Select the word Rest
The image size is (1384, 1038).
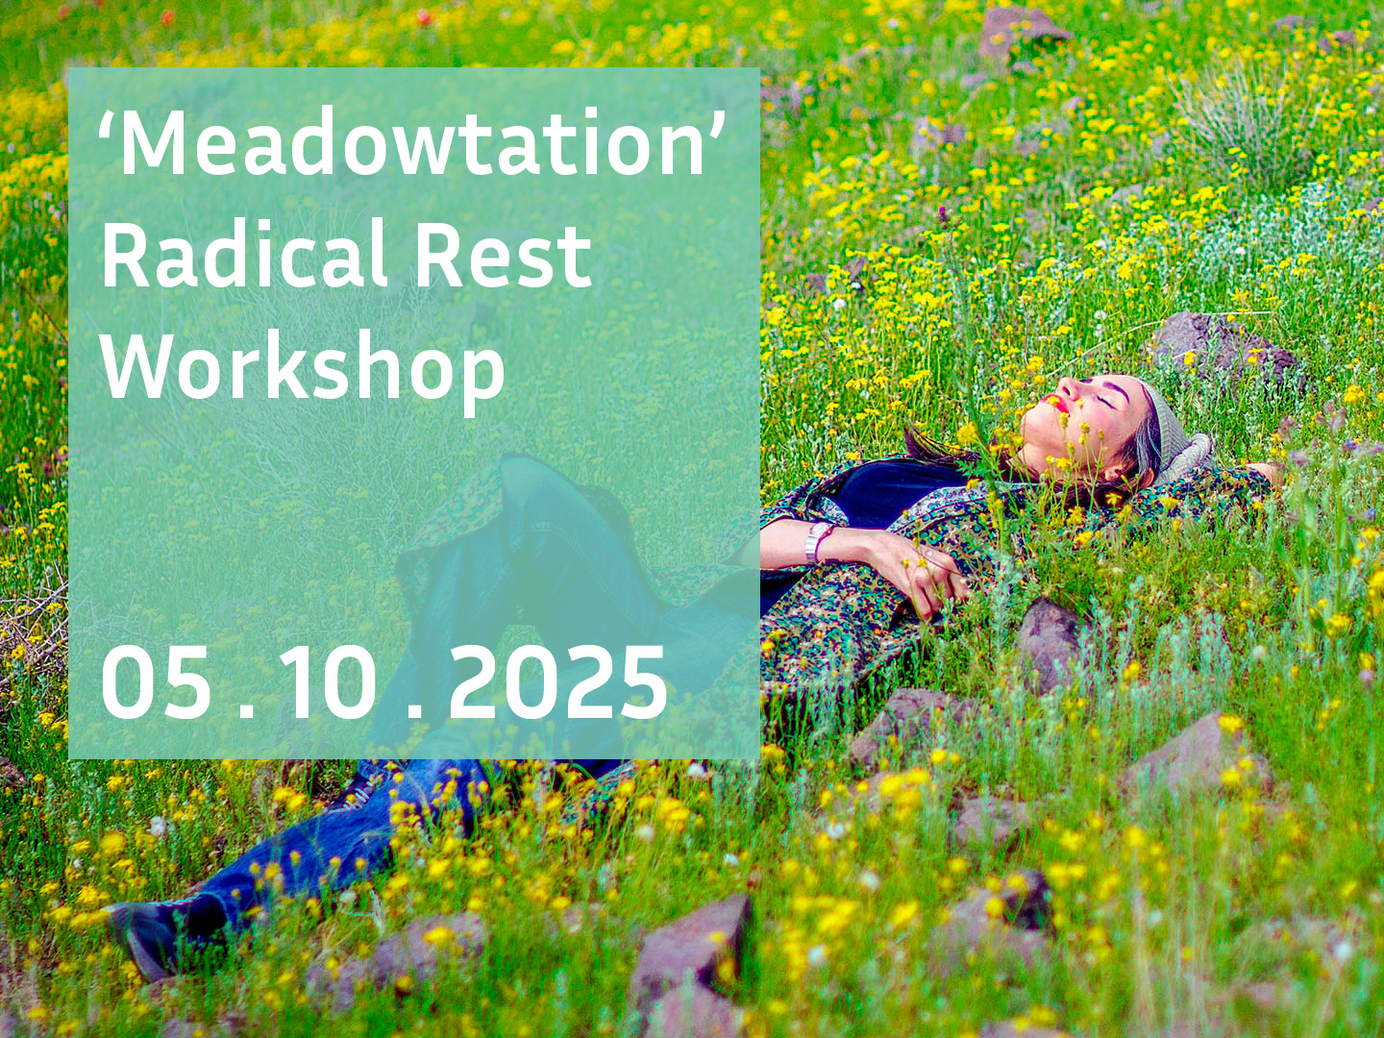point(503,255)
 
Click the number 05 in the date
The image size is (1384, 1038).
point(156,682)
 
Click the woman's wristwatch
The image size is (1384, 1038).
point(818,541)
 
